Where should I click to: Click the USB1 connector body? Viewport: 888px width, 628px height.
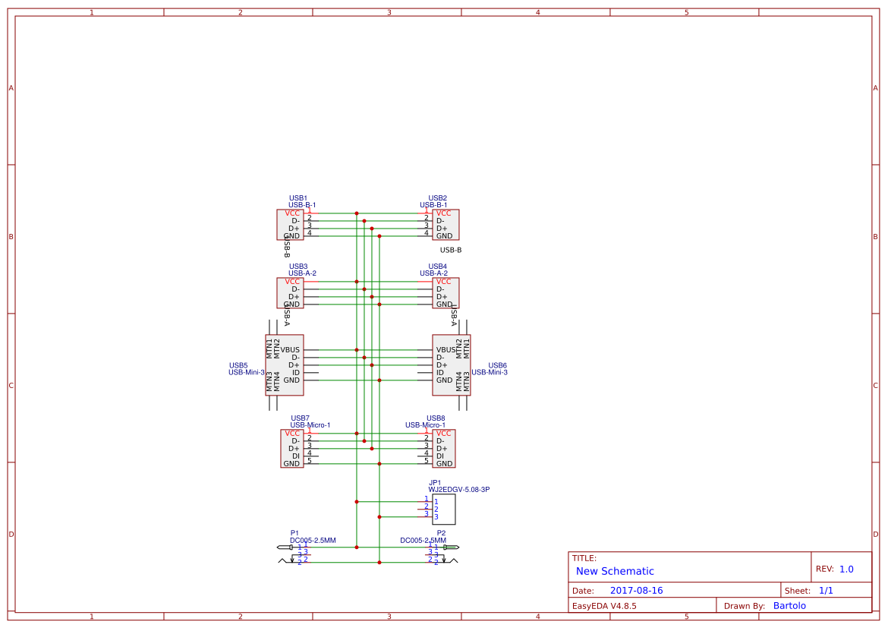(290, 225)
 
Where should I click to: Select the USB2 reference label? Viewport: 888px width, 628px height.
(437, 198)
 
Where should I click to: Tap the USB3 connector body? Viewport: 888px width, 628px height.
(290, 293)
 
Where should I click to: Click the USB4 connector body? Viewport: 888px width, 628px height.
(446, 293)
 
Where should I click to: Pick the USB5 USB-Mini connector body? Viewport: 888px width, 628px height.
(285, 365)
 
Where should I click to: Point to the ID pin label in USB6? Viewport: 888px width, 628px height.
(440, 373)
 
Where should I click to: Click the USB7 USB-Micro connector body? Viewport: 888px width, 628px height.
(291, 449)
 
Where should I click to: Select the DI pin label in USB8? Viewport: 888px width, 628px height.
(440, 456)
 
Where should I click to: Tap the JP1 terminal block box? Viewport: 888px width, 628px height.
(444, 510)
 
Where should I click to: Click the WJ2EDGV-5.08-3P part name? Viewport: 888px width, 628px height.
(458, 490)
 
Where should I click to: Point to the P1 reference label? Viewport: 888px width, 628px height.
(294, 533)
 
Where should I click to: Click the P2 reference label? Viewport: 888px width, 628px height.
(441, 533)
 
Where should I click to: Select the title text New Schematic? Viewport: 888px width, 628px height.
(615, 571)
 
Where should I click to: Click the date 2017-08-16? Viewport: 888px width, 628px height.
(636, 591)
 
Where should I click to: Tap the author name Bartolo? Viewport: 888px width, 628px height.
(789, 606)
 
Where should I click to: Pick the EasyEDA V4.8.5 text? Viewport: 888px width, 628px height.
(604, 606)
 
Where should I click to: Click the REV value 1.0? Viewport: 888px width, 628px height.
(846, 570)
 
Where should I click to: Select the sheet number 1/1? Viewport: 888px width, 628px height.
(826, 591)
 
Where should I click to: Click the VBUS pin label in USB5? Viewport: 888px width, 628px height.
(290, 350)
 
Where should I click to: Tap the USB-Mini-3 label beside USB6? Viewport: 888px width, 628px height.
(490, 372)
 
